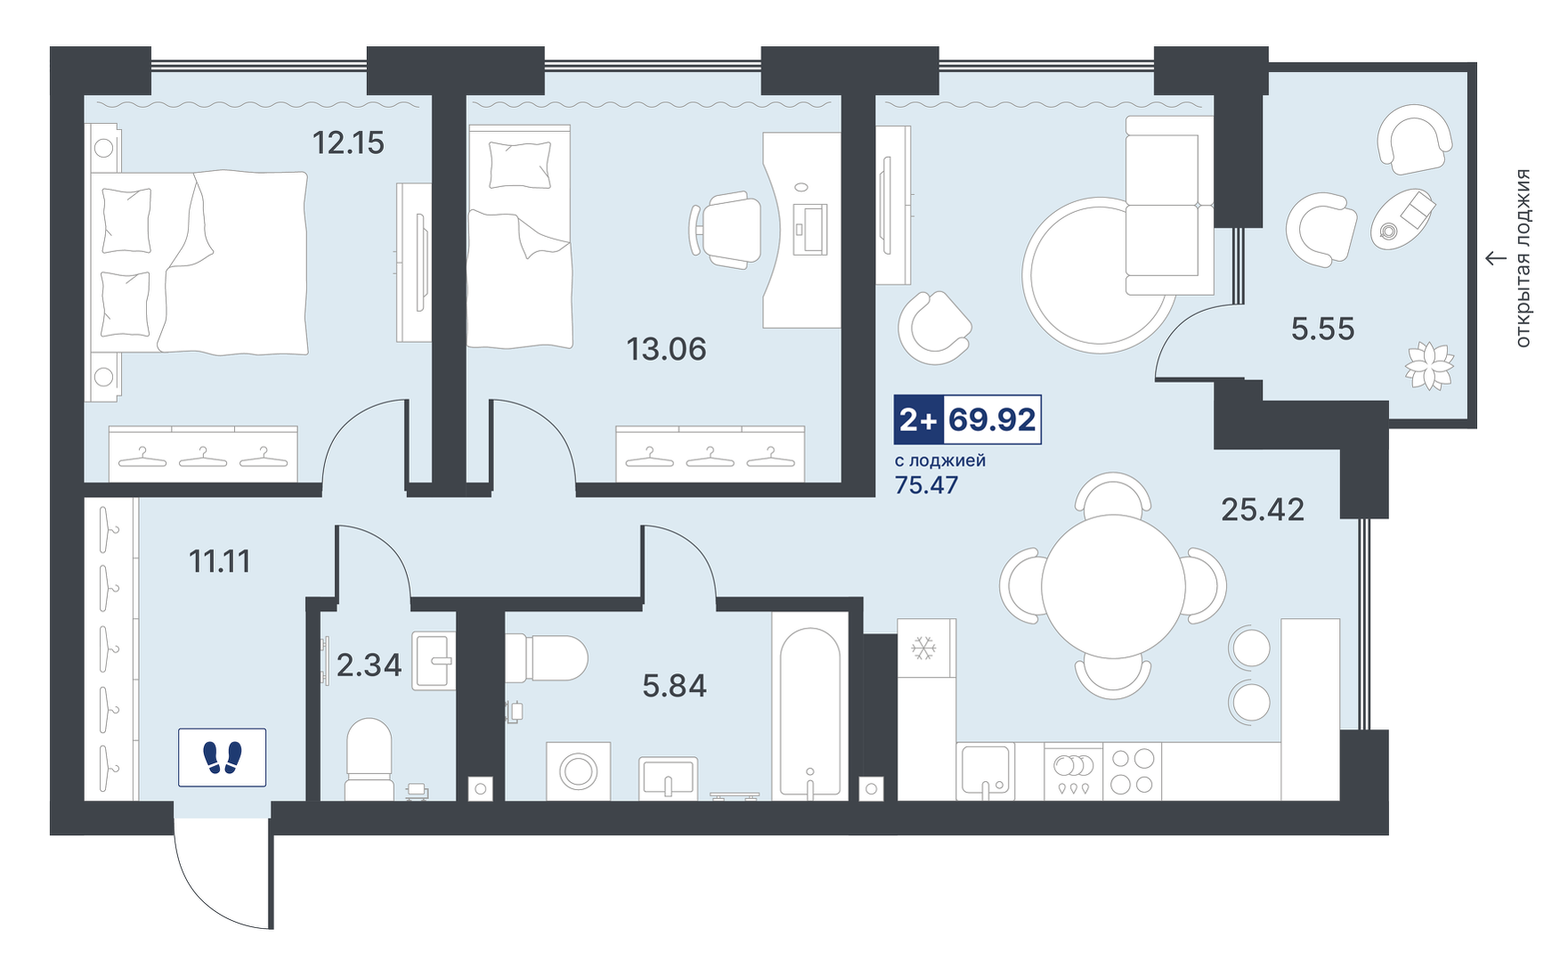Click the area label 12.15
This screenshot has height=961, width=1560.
348,143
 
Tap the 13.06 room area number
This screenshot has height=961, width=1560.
666,349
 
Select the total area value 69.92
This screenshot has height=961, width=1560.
992,419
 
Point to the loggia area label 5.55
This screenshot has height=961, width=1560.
1322,329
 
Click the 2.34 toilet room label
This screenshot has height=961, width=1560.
369,665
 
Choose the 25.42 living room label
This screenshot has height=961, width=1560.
1262,509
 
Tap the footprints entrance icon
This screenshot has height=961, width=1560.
222,758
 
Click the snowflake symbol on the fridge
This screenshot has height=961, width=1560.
923,647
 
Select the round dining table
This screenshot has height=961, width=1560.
1113,587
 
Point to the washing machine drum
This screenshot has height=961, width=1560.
578,771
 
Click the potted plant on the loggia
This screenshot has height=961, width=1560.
1429,366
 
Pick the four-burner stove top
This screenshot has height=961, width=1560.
1132,771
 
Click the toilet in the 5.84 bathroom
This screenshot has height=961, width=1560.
546,657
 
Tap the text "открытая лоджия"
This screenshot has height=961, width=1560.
1523,258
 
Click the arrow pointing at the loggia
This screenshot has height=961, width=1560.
1495,258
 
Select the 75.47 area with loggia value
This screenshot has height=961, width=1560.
926,485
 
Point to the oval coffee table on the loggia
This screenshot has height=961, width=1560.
1402,219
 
